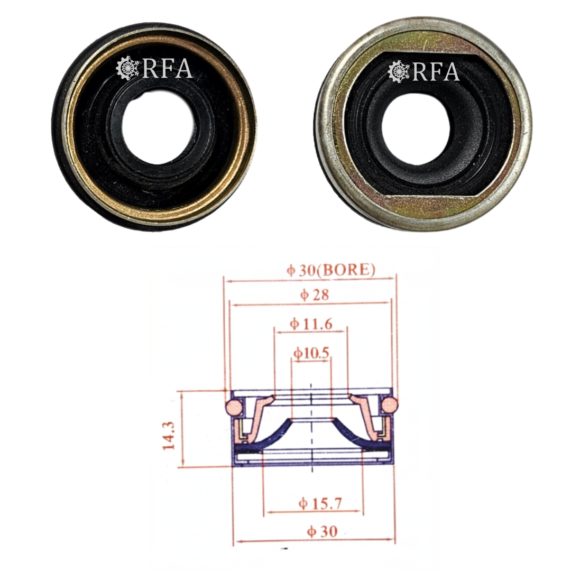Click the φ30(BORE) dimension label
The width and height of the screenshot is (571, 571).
(331, 270)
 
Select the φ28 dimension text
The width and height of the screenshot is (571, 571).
(315, 294)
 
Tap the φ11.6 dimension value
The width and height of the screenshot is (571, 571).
(311, 324)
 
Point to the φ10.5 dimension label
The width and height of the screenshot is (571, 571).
(311, 353)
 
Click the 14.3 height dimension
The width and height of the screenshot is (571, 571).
(169, 436)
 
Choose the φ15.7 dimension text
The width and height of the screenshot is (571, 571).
(320, 503)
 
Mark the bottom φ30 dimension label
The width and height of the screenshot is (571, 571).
(323, 531)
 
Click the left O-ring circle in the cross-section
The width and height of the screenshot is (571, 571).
(234, 406)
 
